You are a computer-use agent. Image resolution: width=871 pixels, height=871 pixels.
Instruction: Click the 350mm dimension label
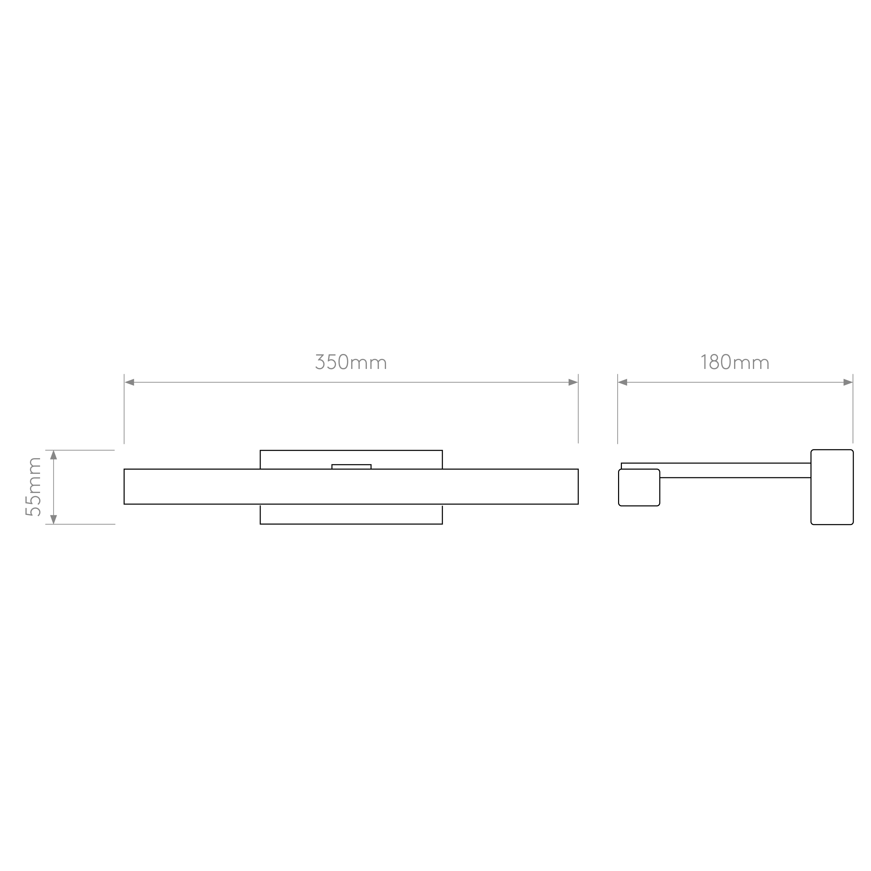[x=351, y=362]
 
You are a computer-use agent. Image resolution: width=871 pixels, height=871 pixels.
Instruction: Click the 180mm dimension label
[x=735, y=362]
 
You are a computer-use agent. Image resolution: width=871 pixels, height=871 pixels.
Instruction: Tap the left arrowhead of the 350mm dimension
[x=129, y=382]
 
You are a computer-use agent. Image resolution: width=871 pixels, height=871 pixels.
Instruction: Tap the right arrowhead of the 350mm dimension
[x=573, y=382]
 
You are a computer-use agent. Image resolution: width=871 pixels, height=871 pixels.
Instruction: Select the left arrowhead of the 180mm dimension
[x=623, y=382]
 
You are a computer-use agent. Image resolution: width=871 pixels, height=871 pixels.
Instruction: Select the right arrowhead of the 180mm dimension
[x=848, y=382]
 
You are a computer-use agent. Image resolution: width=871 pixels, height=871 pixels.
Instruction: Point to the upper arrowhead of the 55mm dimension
[x=54, y=455]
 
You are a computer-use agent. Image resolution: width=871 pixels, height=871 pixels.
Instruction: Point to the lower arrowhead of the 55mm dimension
[x=54, y=519]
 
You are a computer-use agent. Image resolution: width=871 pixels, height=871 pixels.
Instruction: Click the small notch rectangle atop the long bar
[x=351, y=467]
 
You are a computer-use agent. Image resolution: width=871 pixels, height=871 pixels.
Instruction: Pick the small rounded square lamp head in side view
[x=639, y=487]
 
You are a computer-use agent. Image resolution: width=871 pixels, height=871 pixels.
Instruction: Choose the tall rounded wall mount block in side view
[x=832, y=487]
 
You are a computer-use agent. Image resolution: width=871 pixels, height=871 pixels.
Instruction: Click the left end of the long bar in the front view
[x=124, y=486]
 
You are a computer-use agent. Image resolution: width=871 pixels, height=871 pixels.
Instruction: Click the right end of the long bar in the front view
[x=578, y=486]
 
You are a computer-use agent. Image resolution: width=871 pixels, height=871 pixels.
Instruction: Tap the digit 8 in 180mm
[x=714, y=362]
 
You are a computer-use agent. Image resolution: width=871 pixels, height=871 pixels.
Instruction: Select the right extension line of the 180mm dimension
[x=853, y=408]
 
